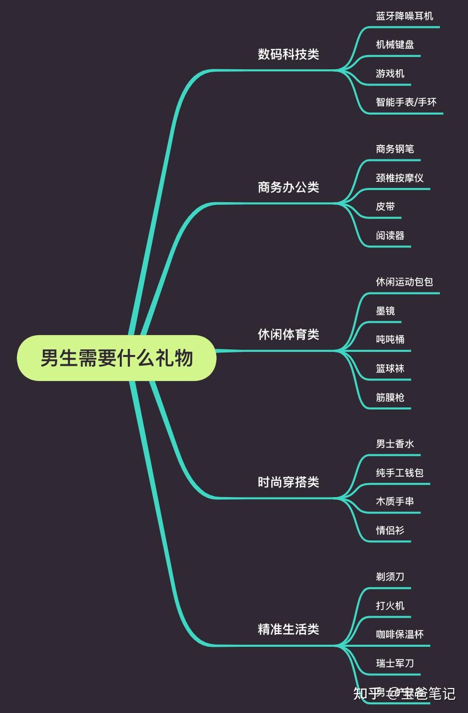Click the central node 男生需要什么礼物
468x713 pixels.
117,358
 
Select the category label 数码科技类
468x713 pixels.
288,54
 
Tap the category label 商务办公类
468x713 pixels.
288,187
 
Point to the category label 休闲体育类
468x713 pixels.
288,334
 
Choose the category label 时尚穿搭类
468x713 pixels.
288,482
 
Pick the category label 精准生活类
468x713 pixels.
288,629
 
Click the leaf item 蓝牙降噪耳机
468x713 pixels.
404,16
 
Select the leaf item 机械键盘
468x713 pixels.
395,45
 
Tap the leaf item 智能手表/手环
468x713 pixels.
406,102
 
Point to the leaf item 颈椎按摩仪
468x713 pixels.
400,178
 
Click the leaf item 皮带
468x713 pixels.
385,207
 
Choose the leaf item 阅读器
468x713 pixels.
390,235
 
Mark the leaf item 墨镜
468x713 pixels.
385,311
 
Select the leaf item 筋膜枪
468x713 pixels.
390,397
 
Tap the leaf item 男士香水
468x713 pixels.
395,444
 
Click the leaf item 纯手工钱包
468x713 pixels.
400,473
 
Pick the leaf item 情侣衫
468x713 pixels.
390,530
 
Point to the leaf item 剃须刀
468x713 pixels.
390,577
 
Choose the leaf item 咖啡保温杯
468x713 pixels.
400,634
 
